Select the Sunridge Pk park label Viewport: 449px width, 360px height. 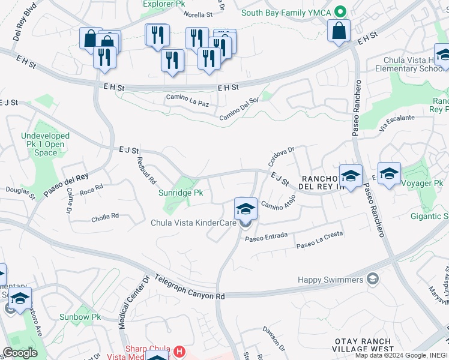181,193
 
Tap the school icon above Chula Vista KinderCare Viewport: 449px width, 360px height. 246,208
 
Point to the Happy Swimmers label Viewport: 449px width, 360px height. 331,280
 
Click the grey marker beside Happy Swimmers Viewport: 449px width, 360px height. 373,280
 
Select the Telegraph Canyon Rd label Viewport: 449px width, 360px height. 188,287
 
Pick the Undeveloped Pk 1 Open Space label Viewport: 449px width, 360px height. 46,145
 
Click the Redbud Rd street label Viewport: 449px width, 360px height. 146,170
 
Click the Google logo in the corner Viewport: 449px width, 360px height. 20,353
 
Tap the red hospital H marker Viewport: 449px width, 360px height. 178,350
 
